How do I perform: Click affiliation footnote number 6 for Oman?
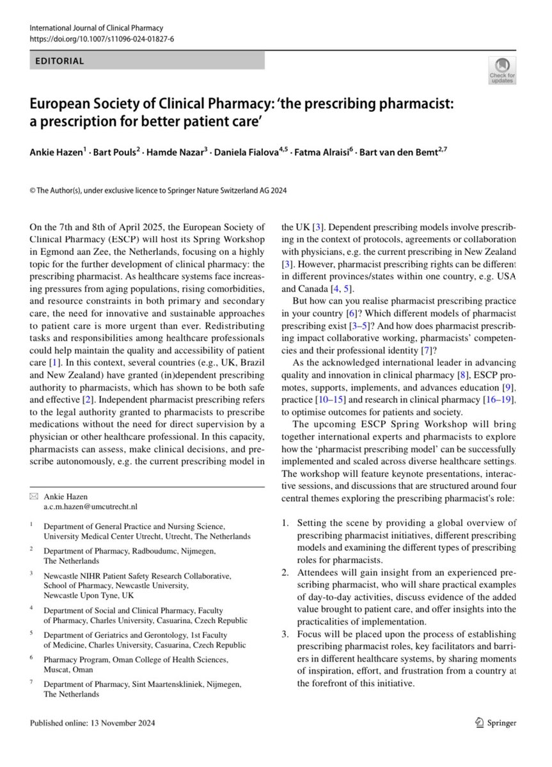[33, 657]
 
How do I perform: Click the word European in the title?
[57, 105]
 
